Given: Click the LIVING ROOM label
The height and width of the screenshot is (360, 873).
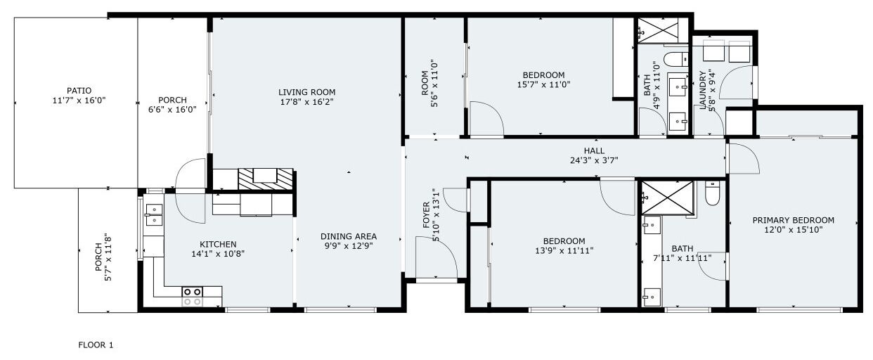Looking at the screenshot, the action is point(306,92).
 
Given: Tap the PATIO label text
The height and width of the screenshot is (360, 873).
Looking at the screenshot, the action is point(79,91).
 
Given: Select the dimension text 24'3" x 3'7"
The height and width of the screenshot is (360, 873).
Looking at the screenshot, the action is point(594,160).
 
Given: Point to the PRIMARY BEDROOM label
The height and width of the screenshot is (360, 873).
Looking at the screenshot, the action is point(793,220).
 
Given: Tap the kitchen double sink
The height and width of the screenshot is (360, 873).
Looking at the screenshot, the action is point(153,215).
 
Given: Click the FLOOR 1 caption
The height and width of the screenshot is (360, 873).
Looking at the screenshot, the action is point(96,345).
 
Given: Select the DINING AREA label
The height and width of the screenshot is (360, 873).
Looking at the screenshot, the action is point(349,236).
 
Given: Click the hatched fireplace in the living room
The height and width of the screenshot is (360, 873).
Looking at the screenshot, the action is point(266,179).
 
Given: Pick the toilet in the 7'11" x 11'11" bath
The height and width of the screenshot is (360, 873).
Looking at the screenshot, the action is point(712,193).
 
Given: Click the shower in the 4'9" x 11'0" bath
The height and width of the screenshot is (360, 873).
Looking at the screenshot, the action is point(658,30).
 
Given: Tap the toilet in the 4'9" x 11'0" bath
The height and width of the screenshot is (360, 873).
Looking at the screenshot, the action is point(675,59).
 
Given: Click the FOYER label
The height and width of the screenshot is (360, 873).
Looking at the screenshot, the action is point(426,215).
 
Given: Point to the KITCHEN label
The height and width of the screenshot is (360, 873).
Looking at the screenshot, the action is point(218,245).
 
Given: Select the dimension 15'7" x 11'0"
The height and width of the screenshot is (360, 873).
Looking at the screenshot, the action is point(543,84).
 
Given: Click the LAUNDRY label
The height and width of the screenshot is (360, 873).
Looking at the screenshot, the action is point(703,90).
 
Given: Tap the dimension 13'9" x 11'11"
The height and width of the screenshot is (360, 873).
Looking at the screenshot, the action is point(564,251).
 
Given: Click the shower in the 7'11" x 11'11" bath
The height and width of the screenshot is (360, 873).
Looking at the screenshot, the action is point(667,198).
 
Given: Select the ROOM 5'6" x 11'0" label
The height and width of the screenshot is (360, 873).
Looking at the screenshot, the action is point(429,84).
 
